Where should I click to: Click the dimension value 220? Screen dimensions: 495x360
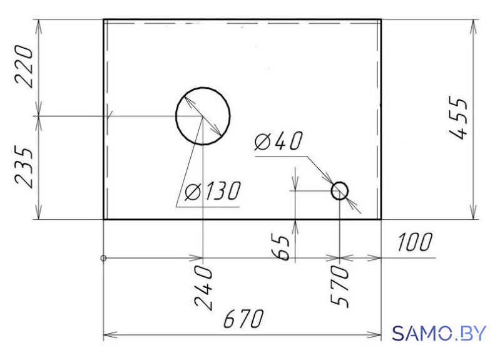point(24,66)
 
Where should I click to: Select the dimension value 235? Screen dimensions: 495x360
point(24,167)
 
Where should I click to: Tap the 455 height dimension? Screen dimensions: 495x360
point(458,118)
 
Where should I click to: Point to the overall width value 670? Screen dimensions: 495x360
point(243,318)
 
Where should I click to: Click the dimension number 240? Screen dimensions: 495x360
point(203,287)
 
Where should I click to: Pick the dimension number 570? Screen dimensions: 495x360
point(340,285)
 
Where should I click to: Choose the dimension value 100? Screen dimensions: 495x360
point(414,242)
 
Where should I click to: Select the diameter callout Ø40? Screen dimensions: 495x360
point(278,141)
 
